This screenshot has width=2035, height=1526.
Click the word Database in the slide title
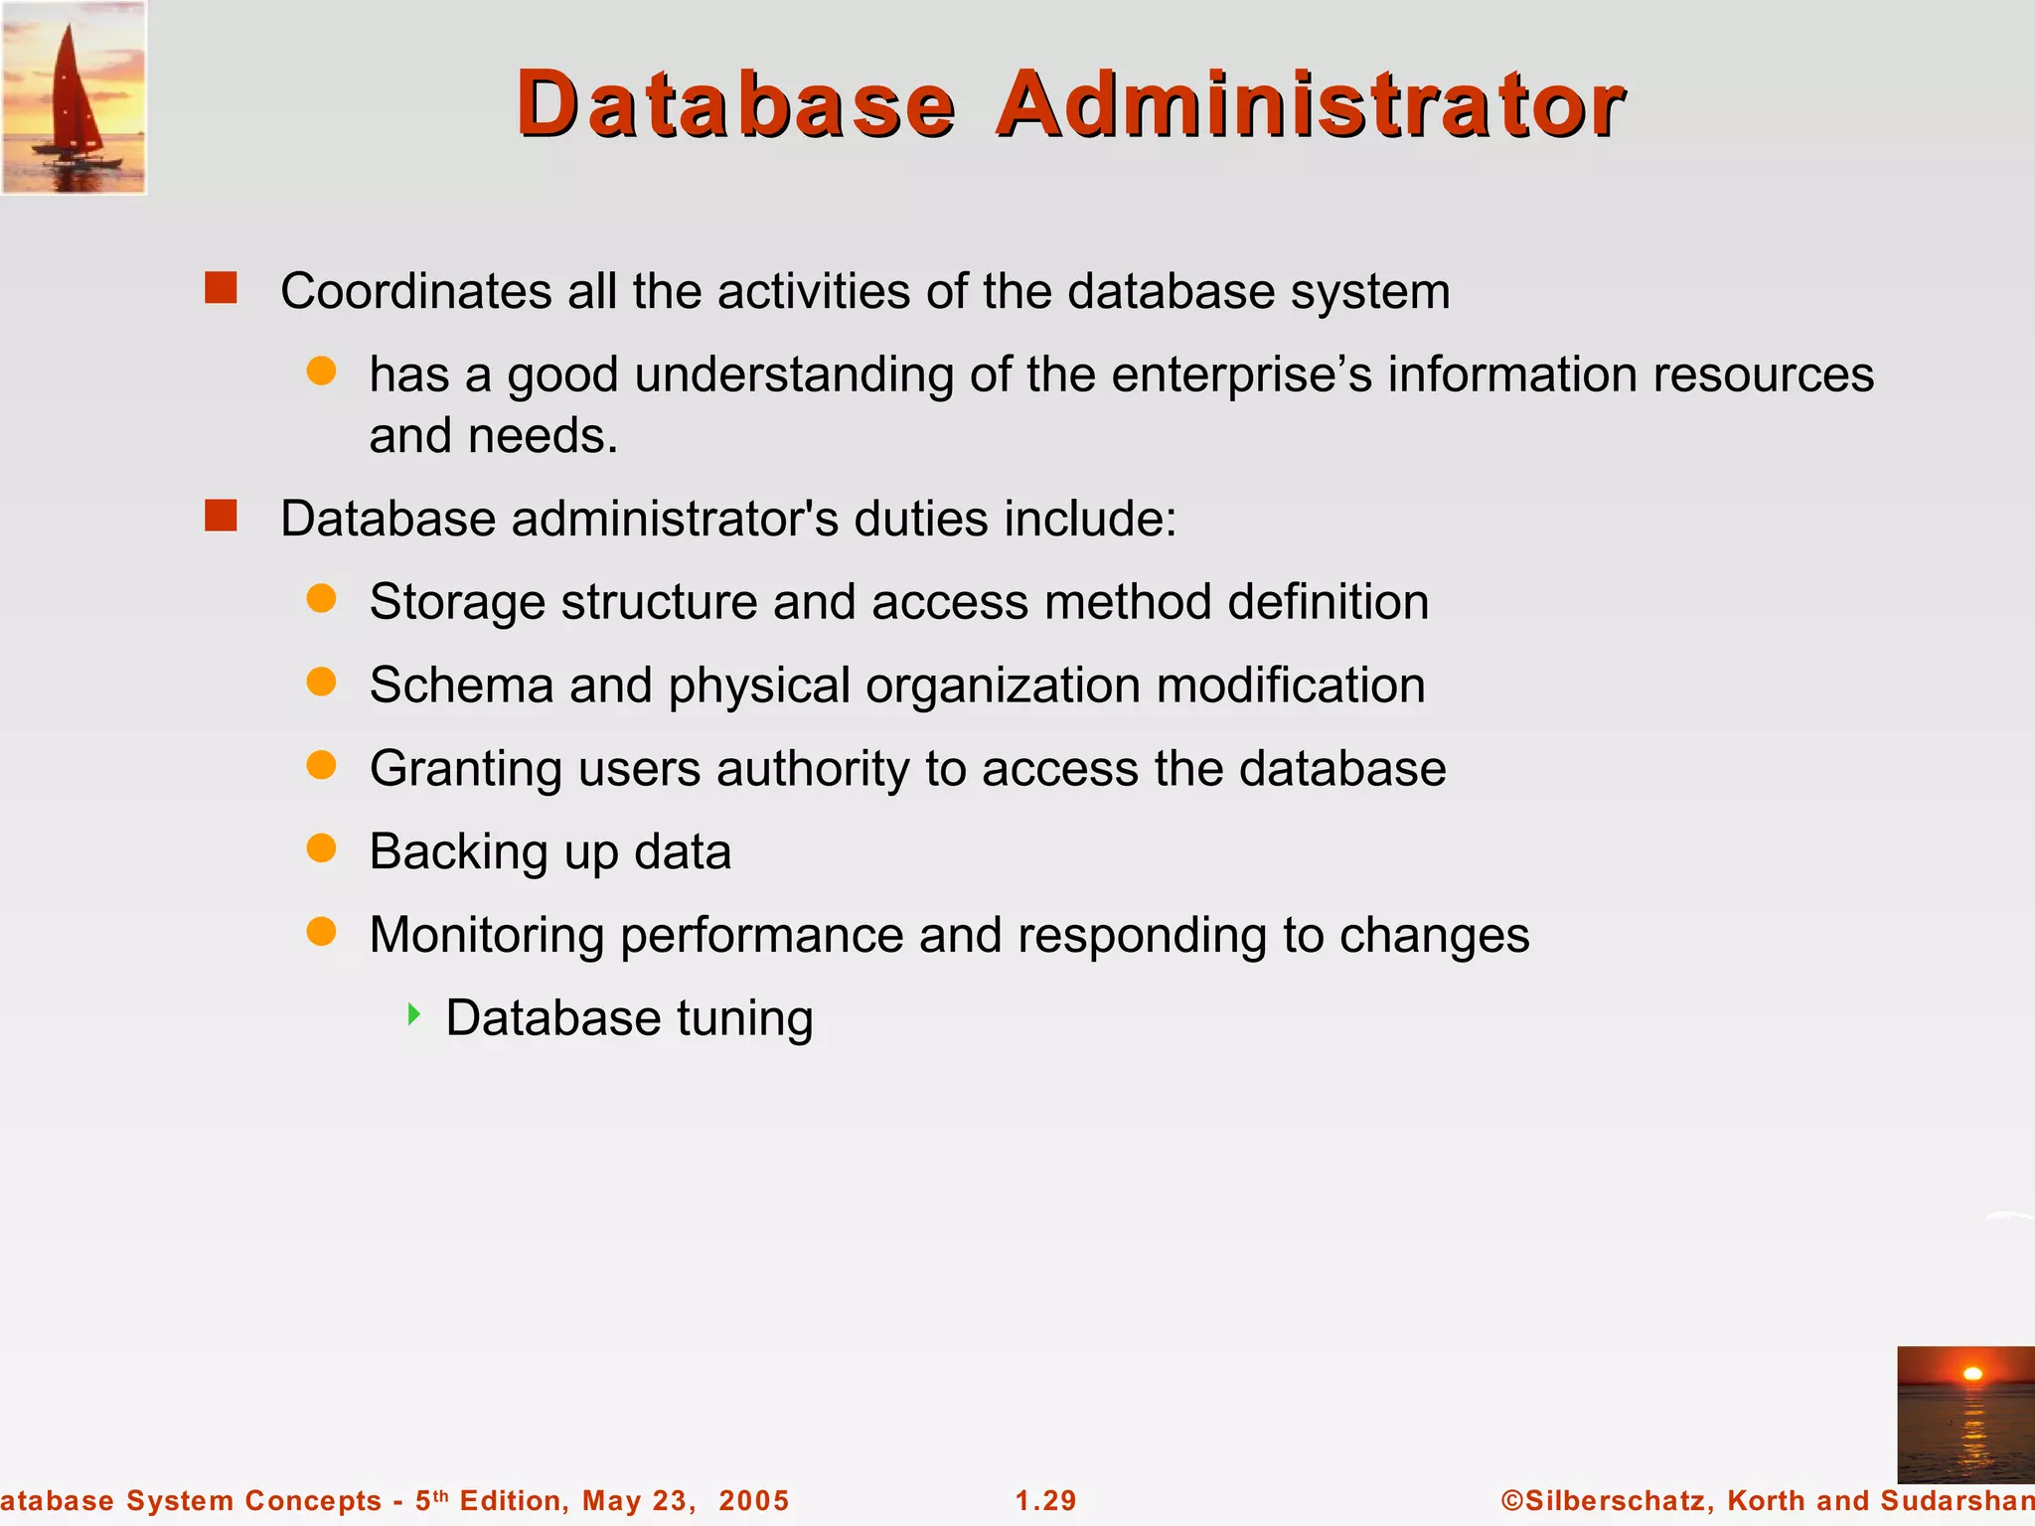[x=735, y=104]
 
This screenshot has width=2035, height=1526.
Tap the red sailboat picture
[x=74, y=97]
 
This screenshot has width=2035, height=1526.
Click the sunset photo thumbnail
[x=1965, y=1415]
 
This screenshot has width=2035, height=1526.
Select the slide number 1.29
[x=1045, y=1500]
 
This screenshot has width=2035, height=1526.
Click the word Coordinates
[x=416, y=292]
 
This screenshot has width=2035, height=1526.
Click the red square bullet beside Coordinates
[x=221, y=288]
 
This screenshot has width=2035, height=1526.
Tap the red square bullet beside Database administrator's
[x=221, y=516]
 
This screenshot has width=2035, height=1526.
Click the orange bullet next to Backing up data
[x=321, y=848]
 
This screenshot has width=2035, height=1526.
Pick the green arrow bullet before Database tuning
[x=414, y=1014]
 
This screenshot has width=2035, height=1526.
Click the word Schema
[x=461, y=686]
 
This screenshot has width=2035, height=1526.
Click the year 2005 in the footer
[x=753, y=1500]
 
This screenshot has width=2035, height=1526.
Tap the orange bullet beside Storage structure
[x=321, y=598]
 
